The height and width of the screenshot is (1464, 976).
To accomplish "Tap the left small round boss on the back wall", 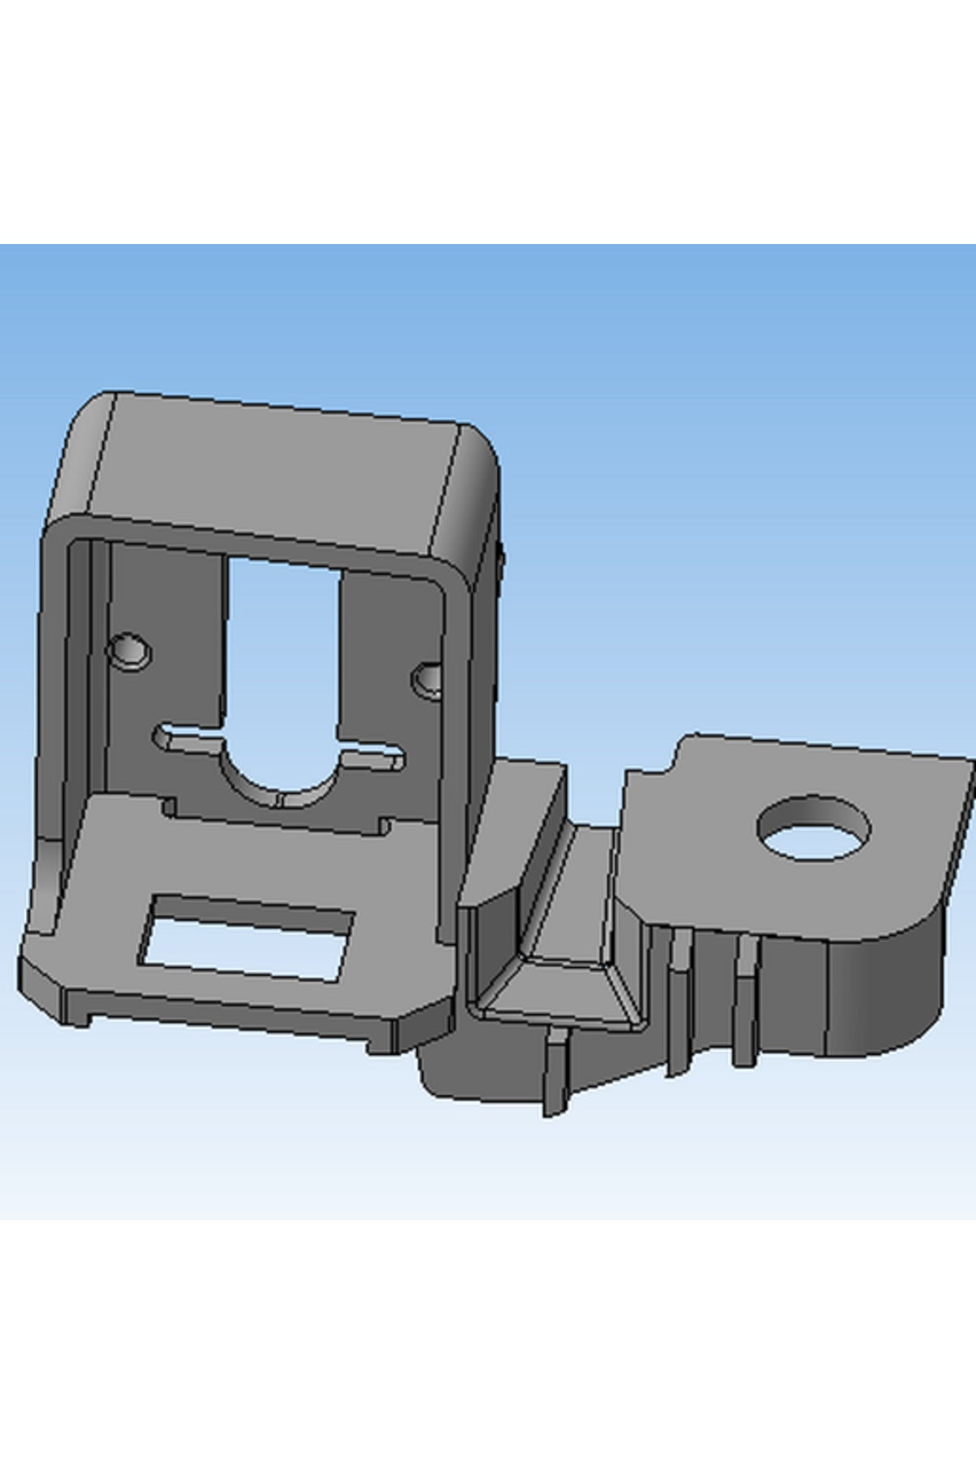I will click(129, 651).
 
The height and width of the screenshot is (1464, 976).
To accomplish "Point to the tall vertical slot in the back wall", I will click(283, 651).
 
